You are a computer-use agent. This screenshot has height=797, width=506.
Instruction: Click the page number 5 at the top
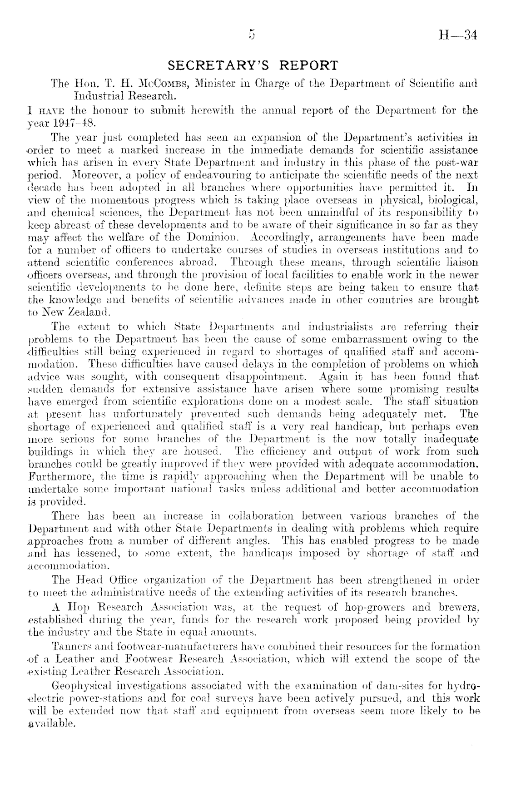(x=252, y=35)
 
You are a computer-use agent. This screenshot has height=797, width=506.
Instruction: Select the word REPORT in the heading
(x=309, y=66)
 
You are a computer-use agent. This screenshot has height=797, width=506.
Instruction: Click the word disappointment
(x=267, y=376)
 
